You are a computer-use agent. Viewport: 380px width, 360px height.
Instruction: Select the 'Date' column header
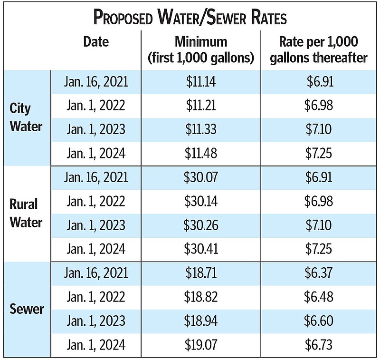pyautogui.click(x=96, y=42)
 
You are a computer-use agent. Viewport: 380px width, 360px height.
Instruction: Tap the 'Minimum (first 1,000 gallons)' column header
pyautogui.click(x=201, y=50)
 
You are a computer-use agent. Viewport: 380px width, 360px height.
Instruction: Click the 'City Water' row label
pyautogui.click(x=26, y=118)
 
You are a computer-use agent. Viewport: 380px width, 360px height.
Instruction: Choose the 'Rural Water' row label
pyautogui.click(x=26, y=213)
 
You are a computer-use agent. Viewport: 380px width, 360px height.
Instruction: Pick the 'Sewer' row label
pyautogui.click(x=27, y=309)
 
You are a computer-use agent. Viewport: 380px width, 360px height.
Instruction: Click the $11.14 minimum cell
pyautogui.click(x=201, y=82)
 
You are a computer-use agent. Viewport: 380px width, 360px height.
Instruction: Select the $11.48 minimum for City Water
pyautogui.click(x=201, y=154)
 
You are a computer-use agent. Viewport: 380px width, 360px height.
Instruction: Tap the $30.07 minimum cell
pyautogui.click(x=201, y=177)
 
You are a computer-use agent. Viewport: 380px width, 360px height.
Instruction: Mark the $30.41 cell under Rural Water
pyautogui.click(x=201, y=249)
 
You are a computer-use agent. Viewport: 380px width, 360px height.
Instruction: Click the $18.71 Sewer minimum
pyautogui.click(x=201, y=273)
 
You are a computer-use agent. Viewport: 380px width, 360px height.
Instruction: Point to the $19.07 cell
pyautogui.click(x=201, y=345)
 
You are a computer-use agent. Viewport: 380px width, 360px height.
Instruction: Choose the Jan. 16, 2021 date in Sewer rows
pyautogui.click(x=96, y=273)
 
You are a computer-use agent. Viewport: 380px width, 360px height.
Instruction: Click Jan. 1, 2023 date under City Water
pyautogui.click(x=96, y=130)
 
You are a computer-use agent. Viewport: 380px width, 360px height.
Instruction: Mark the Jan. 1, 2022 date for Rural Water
pyautogui.click(x=96, y=201)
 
